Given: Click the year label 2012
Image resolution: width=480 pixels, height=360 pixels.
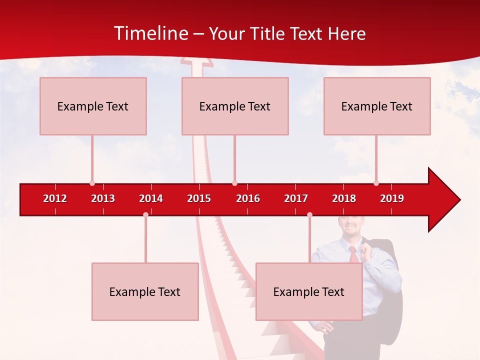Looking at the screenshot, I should click(55, 198).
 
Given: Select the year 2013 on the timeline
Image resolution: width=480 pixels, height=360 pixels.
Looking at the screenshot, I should click(103, 198).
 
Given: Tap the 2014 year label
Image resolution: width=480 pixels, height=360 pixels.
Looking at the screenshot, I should click(151, 198).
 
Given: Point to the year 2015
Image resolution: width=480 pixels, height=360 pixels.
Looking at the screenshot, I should click(199, 198).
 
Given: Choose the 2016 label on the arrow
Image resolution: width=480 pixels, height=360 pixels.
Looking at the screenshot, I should click(248, 198).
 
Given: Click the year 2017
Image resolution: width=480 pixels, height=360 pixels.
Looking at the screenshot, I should click(296, 198).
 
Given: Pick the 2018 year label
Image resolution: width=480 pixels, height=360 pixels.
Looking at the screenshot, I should click(344, 198).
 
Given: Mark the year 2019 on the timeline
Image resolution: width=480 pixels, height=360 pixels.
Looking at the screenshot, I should click(392, 198).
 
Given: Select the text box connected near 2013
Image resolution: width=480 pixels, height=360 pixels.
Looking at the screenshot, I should click(93, 106).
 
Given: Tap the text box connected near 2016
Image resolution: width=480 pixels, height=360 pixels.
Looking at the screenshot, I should click(235, 106).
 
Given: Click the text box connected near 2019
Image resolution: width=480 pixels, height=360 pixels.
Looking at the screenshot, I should click(377, 106).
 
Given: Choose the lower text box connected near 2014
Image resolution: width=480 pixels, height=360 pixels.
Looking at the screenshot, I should click(145, 291).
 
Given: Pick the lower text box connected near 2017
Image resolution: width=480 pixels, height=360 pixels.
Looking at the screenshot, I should click(309, 291).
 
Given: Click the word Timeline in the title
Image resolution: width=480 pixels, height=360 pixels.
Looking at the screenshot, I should click(150, 33).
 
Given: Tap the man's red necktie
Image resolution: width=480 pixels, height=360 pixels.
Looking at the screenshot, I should click(353, 254).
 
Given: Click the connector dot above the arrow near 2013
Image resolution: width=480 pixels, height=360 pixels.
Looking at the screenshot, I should click(92, 183).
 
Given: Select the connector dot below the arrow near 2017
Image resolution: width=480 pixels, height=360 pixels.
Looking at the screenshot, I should click(309, 214).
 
